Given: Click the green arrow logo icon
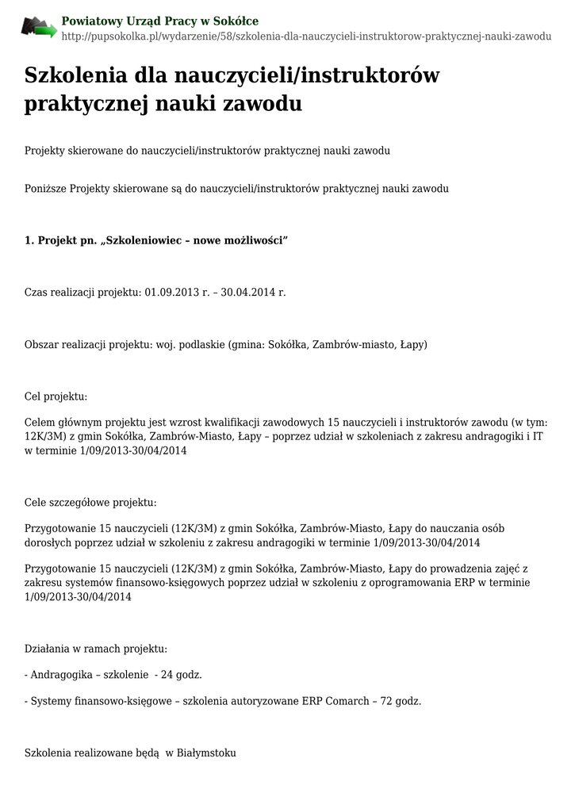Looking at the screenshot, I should click(x=39, y=28).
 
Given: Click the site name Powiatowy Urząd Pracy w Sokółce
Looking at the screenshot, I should click(x=159, y=21).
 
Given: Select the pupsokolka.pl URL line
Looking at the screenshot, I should click(x=306, y=36).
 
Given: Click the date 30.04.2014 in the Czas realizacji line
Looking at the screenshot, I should click(x=247, y=293).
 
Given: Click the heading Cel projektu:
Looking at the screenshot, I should click(x=56, y=396).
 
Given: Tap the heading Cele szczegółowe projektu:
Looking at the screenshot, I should click(x=90, y=502).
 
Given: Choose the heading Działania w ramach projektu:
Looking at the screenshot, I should click(x=96, y=649).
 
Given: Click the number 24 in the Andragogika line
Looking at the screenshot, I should click(x=167, y=675).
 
